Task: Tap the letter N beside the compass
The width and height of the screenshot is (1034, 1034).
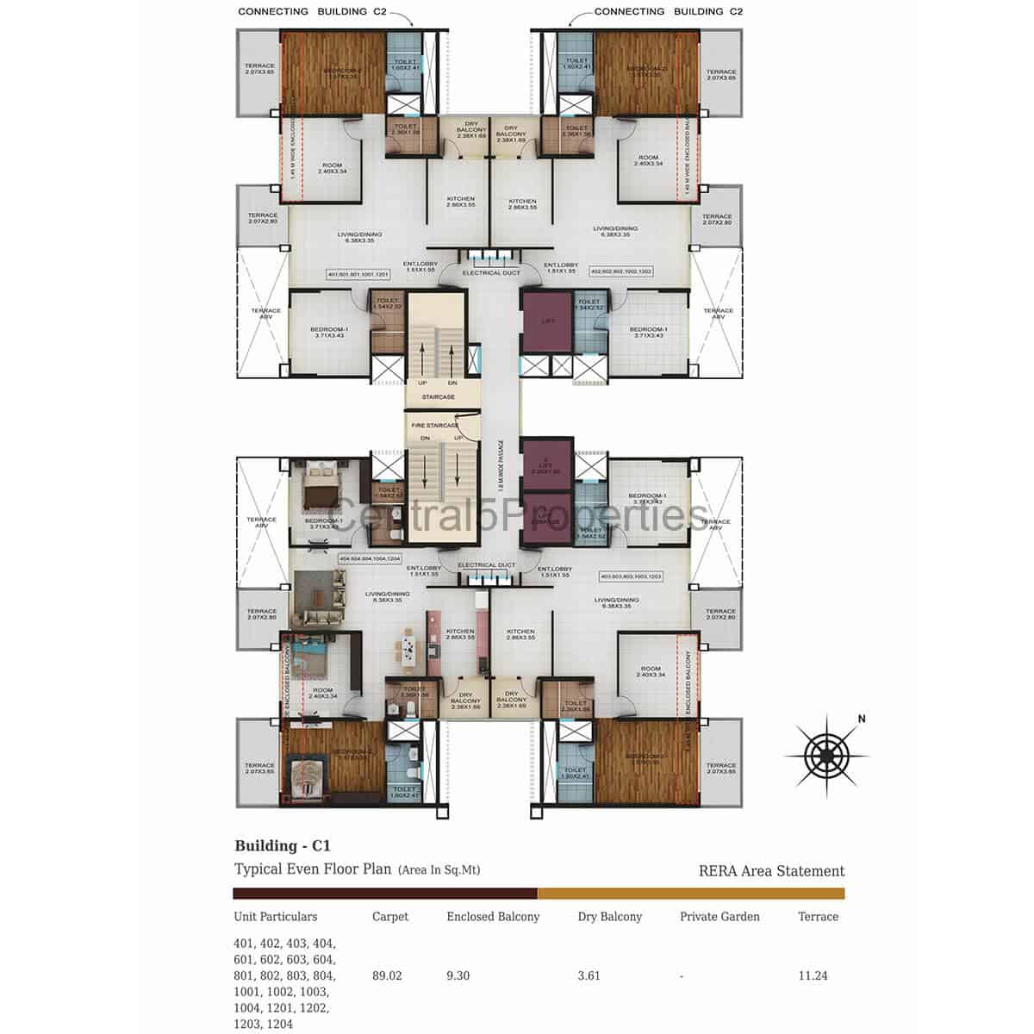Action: (861, 719)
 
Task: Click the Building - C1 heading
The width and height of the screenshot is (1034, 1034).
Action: (283, 845)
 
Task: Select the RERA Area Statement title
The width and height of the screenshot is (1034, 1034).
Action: (771, 870)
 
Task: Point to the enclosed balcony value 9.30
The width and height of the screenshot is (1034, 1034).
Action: (458, 975)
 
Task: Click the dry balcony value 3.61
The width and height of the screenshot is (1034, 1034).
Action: (589, 975)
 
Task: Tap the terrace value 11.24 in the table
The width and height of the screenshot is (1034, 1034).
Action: (813, 975)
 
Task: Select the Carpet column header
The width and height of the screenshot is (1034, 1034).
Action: (389, 916)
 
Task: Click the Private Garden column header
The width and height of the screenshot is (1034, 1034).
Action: (719, 916)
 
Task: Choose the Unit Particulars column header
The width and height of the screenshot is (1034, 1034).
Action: (275, 916)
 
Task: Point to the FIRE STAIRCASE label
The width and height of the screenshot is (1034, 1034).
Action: (434, 426)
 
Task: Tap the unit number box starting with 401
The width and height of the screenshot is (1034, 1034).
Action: (358, 274)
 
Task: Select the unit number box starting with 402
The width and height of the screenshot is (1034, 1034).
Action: (620, 271)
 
